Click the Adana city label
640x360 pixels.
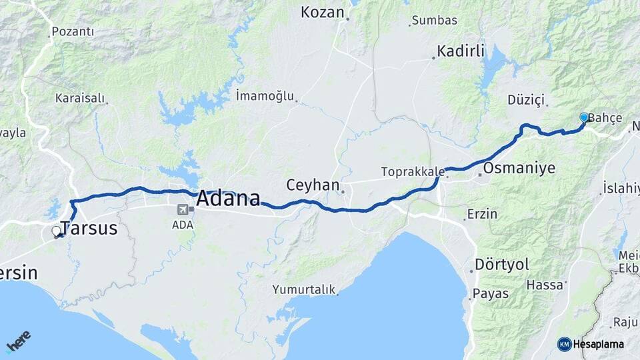pos(228,199)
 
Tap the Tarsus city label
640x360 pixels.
pos(89,228)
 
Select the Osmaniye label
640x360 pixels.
pos(519,167)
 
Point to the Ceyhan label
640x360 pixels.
pos(313,184)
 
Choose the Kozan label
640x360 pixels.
pos(322,12)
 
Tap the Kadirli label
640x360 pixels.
pos(460,51)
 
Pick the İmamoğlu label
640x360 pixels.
pos(265,96)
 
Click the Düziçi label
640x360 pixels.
pos(526,100)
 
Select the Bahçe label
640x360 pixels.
pos(606,118)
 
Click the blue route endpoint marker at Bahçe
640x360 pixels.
pos(584,117)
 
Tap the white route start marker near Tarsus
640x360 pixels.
pos(57,231)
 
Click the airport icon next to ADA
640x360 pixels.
pos(182,209)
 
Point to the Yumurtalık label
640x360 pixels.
pos(303,289)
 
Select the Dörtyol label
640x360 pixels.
pos(502,264)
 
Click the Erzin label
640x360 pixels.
pos(483,215)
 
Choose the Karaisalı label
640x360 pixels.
pos(80,98)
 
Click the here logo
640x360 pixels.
pos(18,342)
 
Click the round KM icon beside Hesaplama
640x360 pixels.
pos(564,344)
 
